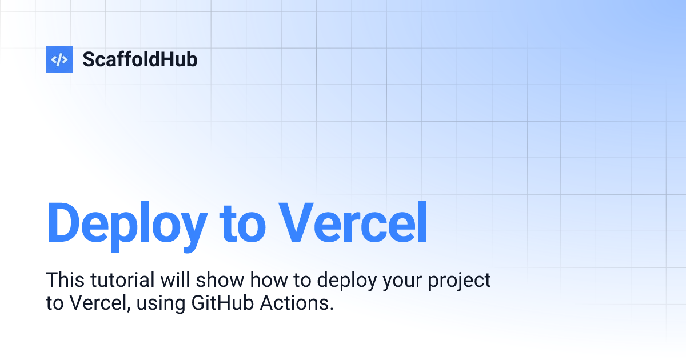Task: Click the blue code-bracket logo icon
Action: (59, 59)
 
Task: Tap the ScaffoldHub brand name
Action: (140, 59)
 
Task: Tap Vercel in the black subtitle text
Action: (97, 303)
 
